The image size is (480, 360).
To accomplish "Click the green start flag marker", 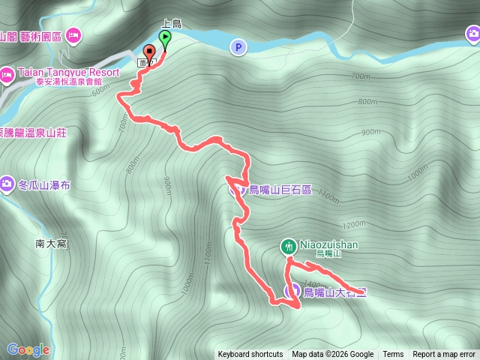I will click(165, 37).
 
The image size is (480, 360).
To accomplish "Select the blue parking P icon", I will click(238, 47).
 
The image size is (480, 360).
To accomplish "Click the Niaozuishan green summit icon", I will click(288, 245).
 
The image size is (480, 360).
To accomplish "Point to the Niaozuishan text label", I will click(329, 244).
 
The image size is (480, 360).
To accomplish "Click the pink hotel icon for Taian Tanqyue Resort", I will click(7, 73).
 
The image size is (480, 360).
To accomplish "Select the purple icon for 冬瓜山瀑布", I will click(7, 184).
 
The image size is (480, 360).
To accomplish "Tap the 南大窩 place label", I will click(51, 243).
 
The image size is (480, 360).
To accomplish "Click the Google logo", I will click(28, 349).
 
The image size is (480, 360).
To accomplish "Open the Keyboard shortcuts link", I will click(250, 355).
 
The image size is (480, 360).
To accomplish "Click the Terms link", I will click(393, 355).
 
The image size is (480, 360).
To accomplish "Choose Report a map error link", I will click(444, 355).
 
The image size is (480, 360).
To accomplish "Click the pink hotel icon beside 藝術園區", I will click(73, 34).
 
